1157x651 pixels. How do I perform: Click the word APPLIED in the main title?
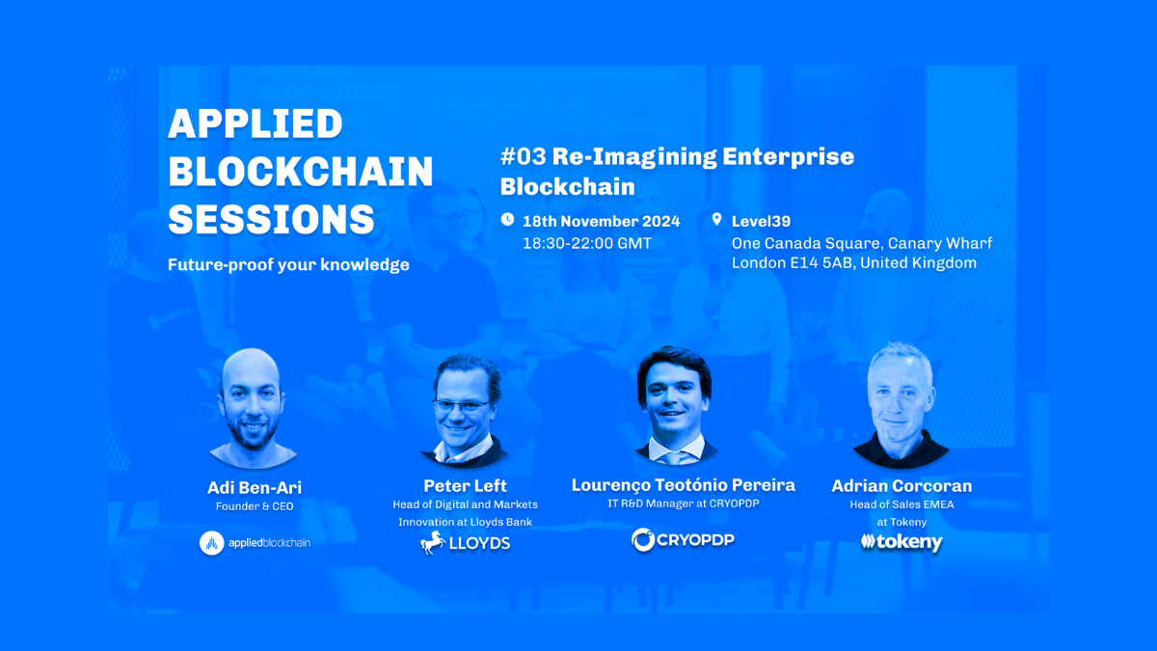[256, 124]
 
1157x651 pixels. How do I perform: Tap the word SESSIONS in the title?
[271, 220]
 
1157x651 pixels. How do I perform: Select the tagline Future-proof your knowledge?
[288, 264]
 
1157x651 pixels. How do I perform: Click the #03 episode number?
[523, 156]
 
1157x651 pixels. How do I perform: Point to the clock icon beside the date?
[507, 220]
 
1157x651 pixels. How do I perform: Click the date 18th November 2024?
[602, 221]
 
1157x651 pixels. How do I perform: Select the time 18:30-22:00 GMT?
[587, 243]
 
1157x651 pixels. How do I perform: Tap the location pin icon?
[716, 220]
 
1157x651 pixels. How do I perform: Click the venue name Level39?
[761, 221]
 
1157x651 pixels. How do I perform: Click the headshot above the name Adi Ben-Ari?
[253, 408]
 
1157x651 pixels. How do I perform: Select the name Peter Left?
[465, 486]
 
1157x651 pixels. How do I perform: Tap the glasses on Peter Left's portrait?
[461, 406]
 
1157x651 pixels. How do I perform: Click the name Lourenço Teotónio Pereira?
[683, 485]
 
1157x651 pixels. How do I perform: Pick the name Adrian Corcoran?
[901, 486]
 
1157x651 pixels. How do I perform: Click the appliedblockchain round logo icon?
[212, 543]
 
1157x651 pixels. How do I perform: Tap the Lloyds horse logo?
[433, 542]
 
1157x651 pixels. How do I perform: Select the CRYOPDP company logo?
[683, 540]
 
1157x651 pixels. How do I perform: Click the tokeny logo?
[901, 542]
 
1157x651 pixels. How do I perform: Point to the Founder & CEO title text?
[255, 506]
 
